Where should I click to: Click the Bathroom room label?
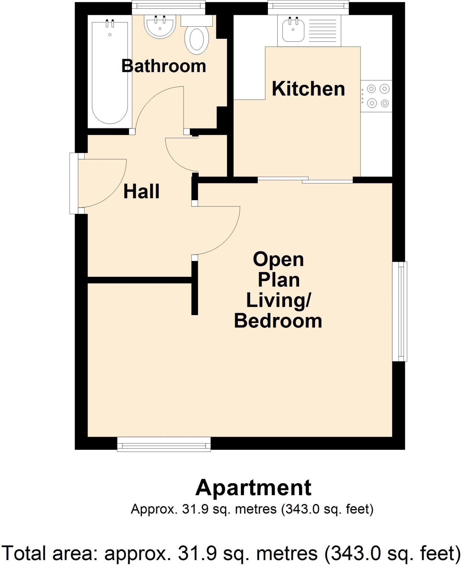coord(164,66)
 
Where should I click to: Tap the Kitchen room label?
coord(308,89)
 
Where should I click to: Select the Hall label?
coord(141,192)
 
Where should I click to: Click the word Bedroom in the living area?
coord(278,321)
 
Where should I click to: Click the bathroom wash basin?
coord(160,26)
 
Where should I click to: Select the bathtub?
coord(110,72)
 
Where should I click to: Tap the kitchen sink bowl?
coord(293,30)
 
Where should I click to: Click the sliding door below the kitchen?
coord(305,180)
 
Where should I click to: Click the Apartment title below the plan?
coord(253,488)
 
